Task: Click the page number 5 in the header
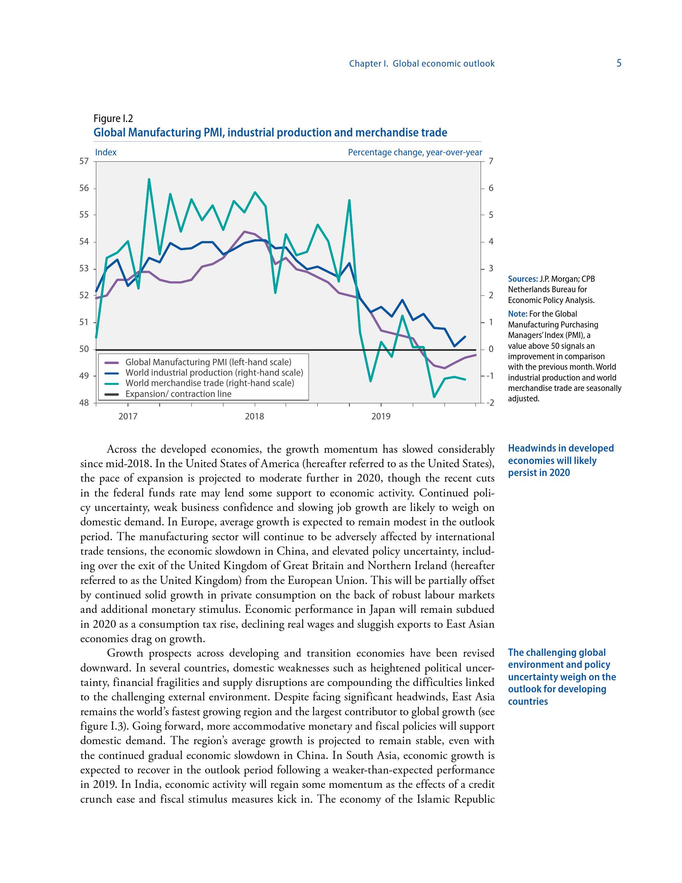tap(619, 63)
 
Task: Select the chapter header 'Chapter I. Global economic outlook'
tap(421, 63)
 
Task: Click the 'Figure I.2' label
tap(113, 118)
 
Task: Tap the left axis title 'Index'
tap(106, 153)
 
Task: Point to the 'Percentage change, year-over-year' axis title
tap(415, 153)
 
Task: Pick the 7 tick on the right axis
tap(491, 161)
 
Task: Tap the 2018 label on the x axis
tap(254, 416)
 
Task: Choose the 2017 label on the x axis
tap(128, 416)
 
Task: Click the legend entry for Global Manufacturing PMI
tap(208, 362)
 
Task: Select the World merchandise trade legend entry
tap(210, 383)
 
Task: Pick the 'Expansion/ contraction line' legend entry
tap(178, 394)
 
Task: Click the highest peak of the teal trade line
tap(149, 179)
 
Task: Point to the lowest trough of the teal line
tap(434, 397)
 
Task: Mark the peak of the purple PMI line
tap(244, 231)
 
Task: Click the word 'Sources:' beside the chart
tap(523, 279)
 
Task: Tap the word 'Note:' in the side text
tap(517, 314)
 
